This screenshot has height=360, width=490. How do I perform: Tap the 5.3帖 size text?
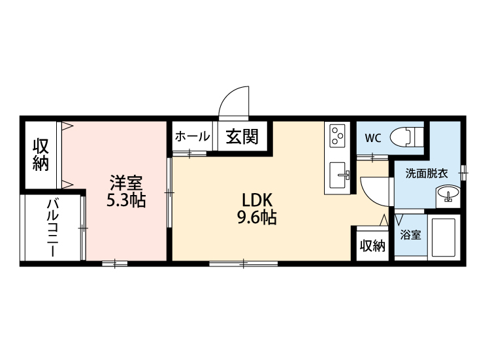click(126, 200)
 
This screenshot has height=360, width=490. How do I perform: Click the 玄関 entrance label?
click(242, 137)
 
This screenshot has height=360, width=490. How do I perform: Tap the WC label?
click(372, 138)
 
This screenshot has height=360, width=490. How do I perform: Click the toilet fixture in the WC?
click(407, 137)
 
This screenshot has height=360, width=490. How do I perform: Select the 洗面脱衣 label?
click(427, 173)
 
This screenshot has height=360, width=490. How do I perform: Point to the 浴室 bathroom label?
click(410, 234)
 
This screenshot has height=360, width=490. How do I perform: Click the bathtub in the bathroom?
click(444, 236)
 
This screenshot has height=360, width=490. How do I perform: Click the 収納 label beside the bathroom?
click(372, 245)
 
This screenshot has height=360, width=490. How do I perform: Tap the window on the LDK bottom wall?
click(244, 263)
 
